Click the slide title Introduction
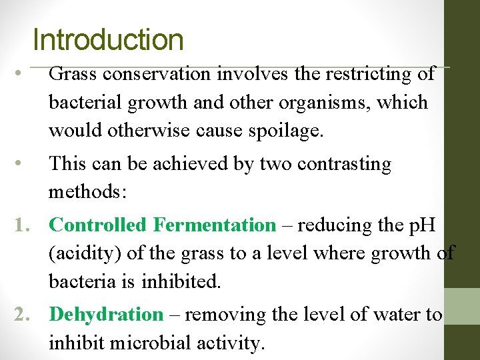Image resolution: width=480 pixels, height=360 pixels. pyautogui.click(x=107, y=39)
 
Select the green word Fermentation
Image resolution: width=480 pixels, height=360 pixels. pyautogui.click(x=214, y=225)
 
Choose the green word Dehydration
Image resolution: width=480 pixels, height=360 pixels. pyautogui.click(x=106, y=314)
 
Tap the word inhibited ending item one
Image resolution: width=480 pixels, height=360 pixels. pyautogui.click(x=180, y=282)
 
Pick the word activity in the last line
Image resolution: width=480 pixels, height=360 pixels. pyautogui.click(x=229, y=343)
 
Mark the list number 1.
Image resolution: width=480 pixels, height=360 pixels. pyautogui.click(x=19, y=225)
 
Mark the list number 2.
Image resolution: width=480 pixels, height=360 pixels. pyautogui.click(x=19, y=314)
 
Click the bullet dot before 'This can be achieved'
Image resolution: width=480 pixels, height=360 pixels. pyautogui.click(x=21, y=164)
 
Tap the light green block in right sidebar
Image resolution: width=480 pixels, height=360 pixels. pyautogui.click(x=462, y=306)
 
